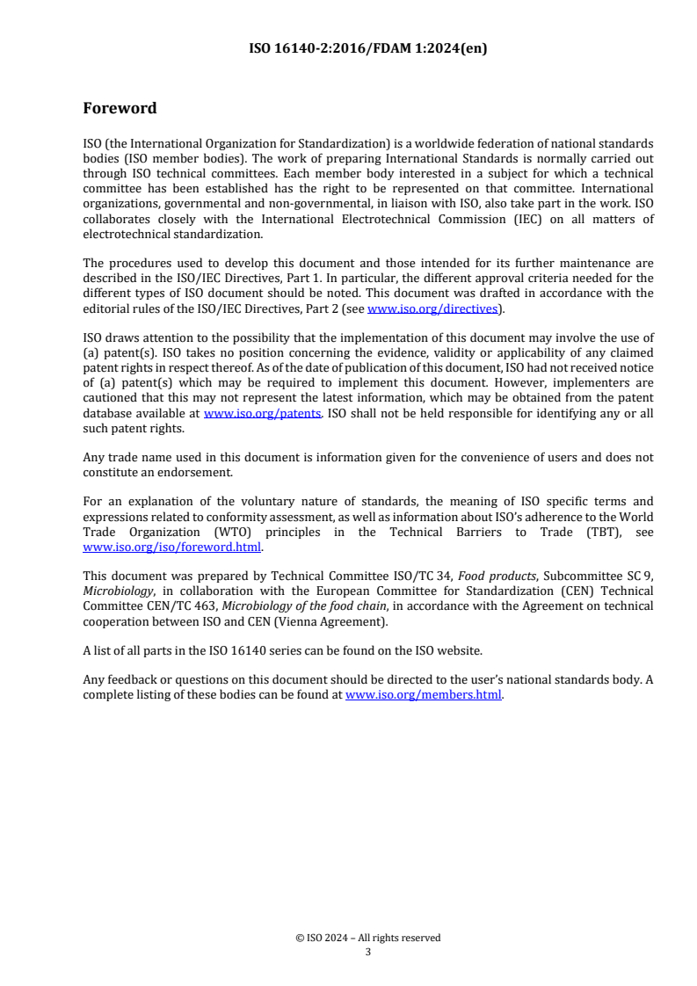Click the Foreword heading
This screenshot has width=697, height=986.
(120, 109)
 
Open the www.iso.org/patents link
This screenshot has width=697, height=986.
(262, 412)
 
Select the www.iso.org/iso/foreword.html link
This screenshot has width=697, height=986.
(172, 547)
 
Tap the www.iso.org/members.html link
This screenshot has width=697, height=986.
(424, 694)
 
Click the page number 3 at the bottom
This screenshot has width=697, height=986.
(367, 951)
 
